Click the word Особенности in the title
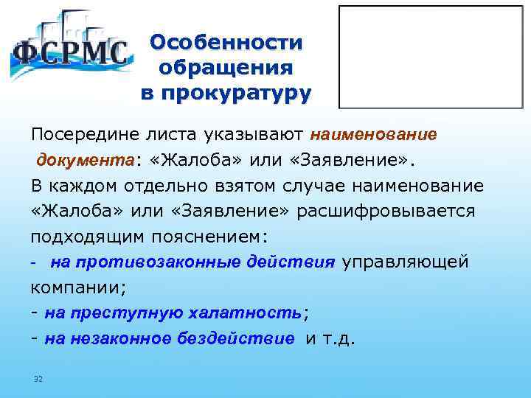click(226, 42)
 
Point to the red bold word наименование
click(374, 135)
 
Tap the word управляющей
click(404, 262)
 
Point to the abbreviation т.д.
click(339, 339)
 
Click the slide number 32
click(38, 379)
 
